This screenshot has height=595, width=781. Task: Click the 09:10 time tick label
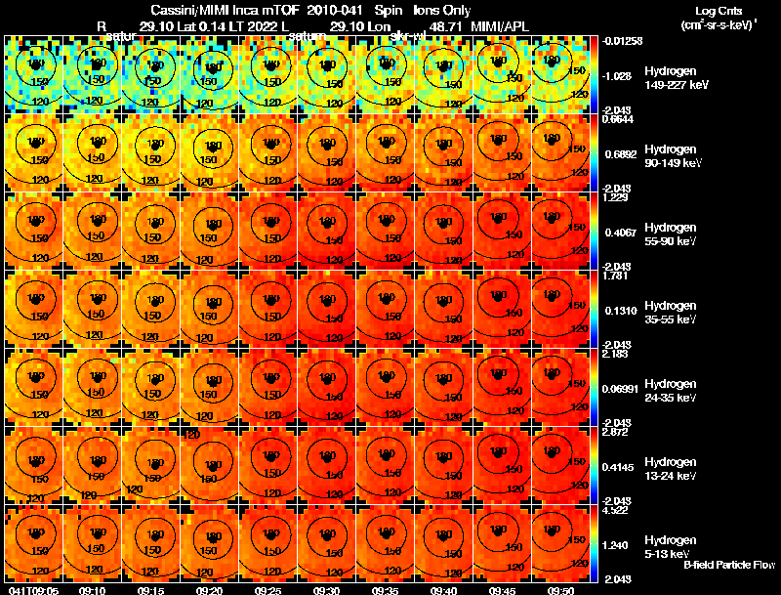93,590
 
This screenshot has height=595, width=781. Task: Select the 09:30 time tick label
327,590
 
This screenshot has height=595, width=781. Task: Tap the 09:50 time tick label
561,590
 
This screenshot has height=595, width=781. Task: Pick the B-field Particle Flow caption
729,565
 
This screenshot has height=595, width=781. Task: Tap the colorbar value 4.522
615,509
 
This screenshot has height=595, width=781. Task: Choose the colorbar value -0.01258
621,40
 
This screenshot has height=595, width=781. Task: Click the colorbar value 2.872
615,431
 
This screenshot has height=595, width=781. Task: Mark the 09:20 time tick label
210,590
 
